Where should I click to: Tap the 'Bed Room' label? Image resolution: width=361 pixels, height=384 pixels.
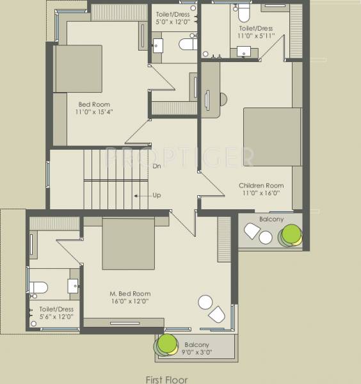[x=94, y=104]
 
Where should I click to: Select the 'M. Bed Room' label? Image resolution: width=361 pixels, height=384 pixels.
[x=130, y=294]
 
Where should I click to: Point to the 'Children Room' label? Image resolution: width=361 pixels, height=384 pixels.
[x=262, y=186]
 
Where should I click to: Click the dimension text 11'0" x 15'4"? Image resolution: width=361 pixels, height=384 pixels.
[x=95, y=112]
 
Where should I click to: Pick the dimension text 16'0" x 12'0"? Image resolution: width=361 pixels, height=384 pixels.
[x=129, y=301]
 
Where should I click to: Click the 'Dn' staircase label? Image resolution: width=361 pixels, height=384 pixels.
[x=157, y=166]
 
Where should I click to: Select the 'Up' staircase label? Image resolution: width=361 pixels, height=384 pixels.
[x=157, y=195]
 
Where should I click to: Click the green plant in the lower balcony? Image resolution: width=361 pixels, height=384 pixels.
[x=167, y=345]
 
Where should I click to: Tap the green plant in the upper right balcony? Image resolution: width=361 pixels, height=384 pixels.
[x=292, y=234]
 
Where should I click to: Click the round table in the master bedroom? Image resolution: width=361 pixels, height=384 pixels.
[x=205, y=301]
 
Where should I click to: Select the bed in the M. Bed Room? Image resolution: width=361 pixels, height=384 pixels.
[x=128, y=244]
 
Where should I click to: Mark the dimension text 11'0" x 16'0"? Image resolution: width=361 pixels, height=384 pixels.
[x=262, y=193]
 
